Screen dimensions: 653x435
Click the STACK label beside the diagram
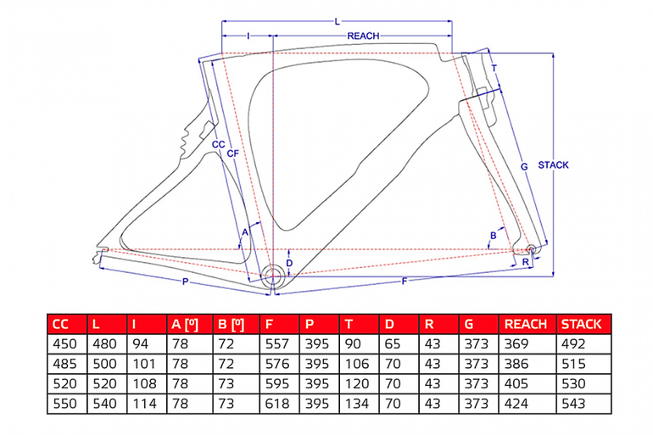click(x=553, y=165)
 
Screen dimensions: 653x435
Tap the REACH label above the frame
click(x=363, y=36)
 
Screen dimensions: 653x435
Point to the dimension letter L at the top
click(x=338, y=21)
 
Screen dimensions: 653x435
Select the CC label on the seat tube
click(x=219, y=144)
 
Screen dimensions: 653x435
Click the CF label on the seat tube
click(x=233, y=153)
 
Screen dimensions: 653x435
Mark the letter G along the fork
click(x=524, y=166)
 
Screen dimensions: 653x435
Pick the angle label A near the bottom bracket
click(x=245, y=232)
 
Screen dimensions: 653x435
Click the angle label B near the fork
click(x=494, y=236)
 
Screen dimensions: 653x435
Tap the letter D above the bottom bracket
click(x=289, y=263)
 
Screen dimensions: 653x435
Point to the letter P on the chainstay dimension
click(x=186, y=282)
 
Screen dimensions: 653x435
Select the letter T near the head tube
click(x=494, y=68)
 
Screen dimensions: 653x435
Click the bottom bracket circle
click(x=273, y=275)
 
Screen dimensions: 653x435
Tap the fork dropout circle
click(x=530, y=249)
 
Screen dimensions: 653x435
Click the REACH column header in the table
click(x=526, y=324)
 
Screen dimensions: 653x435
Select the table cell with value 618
click(x=276, y=404)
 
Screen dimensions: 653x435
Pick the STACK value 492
click(x=573, y=344)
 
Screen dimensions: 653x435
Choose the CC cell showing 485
click(x=65, y=365)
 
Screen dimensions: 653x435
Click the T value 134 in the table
click(x=357, y=404)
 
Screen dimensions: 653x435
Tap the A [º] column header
click(x=185, y=324)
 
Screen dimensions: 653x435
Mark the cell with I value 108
click(x=144, y=384)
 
